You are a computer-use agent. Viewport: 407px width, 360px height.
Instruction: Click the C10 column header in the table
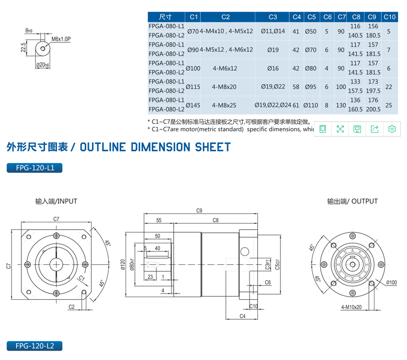389,17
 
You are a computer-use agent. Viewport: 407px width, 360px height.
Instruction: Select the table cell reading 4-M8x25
225,105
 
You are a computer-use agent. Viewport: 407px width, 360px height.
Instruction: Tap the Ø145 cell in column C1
193,105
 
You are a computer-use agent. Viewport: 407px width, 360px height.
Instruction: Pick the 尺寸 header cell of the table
166,17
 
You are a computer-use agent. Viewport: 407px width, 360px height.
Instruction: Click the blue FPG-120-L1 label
35,168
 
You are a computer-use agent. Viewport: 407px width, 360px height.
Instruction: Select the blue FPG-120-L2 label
35,346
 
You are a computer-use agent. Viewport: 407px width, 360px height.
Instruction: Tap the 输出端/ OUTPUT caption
352,201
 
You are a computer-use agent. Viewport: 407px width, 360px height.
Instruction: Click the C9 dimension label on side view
199,211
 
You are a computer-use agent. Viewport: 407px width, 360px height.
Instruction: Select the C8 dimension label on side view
215,221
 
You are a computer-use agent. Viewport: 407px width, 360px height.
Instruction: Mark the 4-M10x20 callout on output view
351,307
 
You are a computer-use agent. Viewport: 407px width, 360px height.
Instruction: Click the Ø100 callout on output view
391,283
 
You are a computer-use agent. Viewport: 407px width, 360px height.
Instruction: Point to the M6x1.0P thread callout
61,39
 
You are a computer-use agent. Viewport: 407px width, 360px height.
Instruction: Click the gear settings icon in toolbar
392,129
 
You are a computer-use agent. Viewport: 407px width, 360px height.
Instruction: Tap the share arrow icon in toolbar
375,129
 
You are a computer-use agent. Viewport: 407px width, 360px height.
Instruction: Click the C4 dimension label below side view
242,316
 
